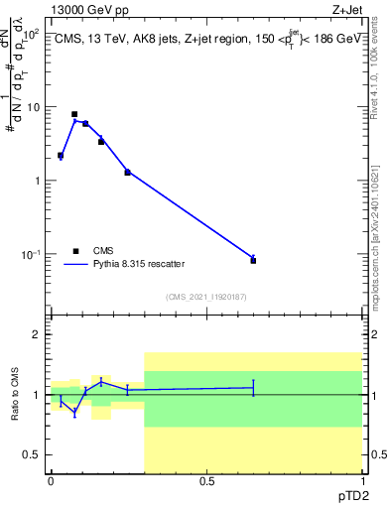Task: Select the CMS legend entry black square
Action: point(75,251)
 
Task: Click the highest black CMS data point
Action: point(74,114)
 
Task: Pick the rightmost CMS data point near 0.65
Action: point(253,260)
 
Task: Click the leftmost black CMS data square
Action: point(61,156)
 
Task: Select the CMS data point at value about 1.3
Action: point(127,173)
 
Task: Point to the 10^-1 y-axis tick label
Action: point(32,255)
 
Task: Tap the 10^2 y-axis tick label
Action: point(32,34)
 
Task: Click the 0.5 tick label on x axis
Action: point(206,481)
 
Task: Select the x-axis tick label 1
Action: point(362,481)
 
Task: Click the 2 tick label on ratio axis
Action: point(38,334)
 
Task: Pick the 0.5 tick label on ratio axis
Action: point(33,454)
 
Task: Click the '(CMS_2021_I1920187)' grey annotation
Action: point(205,297)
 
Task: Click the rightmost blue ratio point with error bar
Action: point(253,388)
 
